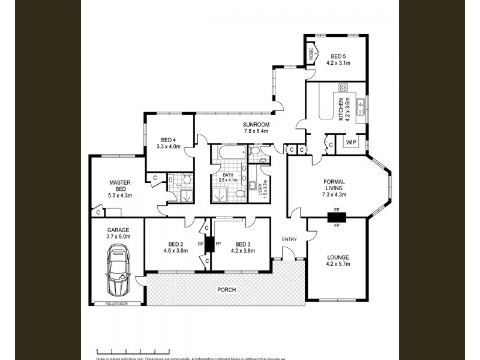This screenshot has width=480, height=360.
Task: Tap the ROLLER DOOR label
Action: tap(118, 304)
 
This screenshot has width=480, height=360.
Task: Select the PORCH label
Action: tap(227, 290)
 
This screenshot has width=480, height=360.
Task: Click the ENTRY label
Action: tap(289, 239)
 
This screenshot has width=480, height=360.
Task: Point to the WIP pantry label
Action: tap(350, 142)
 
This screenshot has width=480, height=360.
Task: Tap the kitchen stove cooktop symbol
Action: tap(344, 87)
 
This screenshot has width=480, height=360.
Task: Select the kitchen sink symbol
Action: tap(361, 107)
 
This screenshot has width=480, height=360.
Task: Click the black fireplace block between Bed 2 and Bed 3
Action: tap(209, 245)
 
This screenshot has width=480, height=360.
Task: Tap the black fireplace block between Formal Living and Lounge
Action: tap(337, 218)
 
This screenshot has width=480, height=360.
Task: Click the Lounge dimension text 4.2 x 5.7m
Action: tap(337, 264)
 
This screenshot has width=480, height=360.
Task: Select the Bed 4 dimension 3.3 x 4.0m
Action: tap(169, 146)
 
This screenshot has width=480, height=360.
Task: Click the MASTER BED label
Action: tap(120, 186)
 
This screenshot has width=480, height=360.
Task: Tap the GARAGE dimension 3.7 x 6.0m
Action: tap(118, 236)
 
